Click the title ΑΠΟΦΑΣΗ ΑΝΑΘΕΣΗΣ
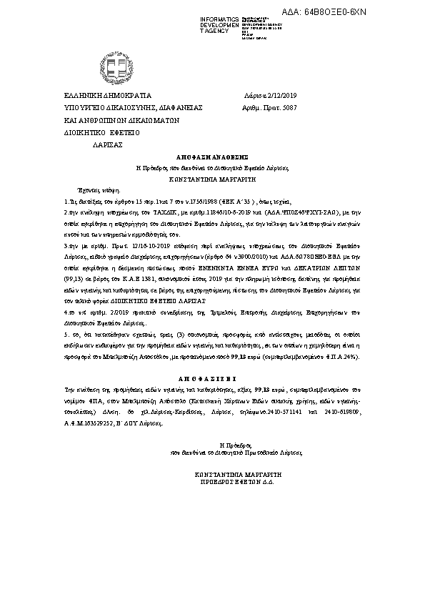(211, 155)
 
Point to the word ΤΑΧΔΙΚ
(166, 213)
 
